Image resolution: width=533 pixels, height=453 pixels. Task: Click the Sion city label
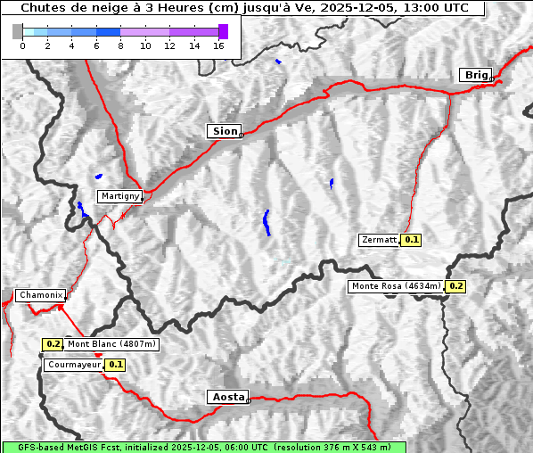pos(225,131)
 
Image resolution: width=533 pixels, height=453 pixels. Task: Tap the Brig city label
pos(475,75)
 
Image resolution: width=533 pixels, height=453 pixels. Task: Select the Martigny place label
pos(119,196)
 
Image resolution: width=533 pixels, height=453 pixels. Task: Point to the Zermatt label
pos(379,240)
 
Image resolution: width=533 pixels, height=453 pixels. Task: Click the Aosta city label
pos(226,397)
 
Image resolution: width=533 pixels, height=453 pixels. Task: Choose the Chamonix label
pos(40,295)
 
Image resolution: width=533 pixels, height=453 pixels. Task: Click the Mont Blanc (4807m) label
pos(111,344)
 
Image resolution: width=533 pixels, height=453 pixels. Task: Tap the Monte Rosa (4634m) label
pos(396,286)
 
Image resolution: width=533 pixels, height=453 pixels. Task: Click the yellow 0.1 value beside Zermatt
pos(411,240)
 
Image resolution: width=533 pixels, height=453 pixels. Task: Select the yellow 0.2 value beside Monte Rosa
pos(455,286)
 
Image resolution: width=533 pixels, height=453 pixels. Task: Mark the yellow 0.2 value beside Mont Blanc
pos(53,344)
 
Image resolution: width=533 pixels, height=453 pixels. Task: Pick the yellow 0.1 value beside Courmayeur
pos(115,365)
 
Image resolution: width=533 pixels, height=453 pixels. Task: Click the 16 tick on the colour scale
pos(218,46)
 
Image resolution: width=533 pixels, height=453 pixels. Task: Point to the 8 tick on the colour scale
pos(120,46)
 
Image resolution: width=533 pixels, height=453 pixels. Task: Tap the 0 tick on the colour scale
pos(22,46)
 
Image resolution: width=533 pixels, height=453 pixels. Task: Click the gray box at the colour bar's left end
pos(18,31)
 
